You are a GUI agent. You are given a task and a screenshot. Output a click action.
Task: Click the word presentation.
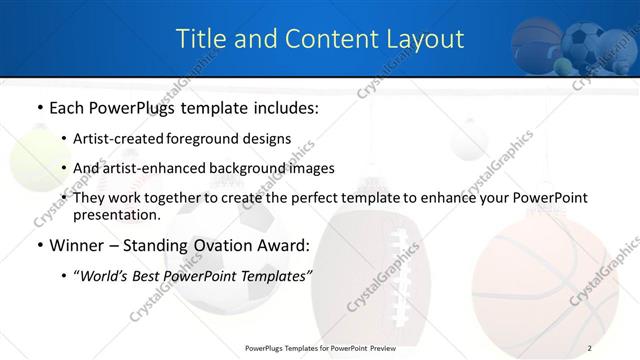tap(116, 214)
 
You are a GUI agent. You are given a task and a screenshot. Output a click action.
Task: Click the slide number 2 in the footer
tap(589, 347)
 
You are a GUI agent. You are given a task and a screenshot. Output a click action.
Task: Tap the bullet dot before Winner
tap(38, 245)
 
